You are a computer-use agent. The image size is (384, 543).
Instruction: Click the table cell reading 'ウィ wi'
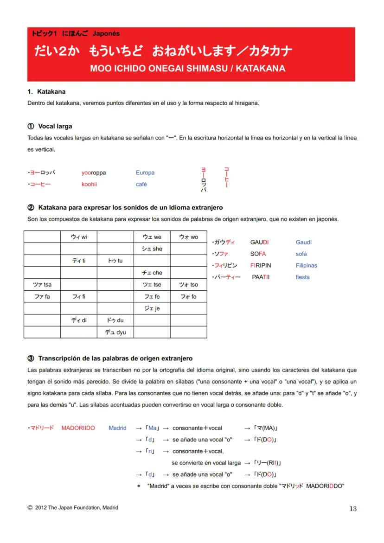coord(78,237)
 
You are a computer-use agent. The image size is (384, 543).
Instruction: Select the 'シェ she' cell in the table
coord(152,249)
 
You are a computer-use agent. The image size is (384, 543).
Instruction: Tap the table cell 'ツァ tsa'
coord(42,285)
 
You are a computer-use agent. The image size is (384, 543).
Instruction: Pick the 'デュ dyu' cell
coord(115,332)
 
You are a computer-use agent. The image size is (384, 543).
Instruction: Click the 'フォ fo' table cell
coord(188,297)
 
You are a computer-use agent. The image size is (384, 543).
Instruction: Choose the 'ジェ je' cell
coord(152,308)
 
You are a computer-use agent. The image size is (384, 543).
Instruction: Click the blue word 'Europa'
coord(145,172)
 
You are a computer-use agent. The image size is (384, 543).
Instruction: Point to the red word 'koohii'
coord(89,184)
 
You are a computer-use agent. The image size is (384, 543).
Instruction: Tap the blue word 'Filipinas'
coord(306,266)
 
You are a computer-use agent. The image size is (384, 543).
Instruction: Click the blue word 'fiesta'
coord(302,277)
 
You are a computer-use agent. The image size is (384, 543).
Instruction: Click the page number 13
coord(353,509)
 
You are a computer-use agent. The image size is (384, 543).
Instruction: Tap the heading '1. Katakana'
coord(46,92)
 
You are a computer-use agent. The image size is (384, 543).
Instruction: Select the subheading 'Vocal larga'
coord(55,126)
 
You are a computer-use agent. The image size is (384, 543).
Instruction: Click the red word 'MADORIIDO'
coord(78,428)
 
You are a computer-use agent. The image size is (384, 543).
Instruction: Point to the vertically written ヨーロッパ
coord(203,179)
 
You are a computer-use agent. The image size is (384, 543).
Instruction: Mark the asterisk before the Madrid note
coord(139,486)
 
